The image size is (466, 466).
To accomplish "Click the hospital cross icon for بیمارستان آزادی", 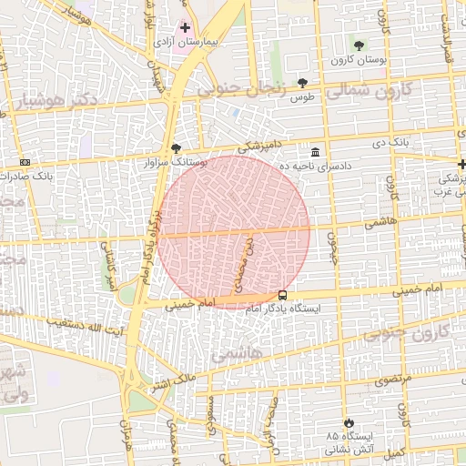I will tap(186, 28).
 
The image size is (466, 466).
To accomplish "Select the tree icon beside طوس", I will tap(303, 83).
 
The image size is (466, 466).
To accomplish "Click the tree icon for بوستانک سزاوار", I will tap(176, 147).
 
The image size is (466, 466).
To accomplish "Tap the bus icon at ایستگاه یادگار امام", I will tap(282, 296).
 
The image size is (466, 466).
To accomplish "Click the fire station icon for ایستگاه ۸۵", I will tap(350, 421).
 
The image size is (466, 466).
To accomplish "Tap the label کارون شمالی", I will tap(370, 90).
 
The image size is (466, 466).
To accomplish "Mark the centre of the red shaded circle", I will tap(234, 231).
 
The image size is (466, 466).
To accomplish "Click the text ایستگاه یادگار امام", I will tap(245, 310).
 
